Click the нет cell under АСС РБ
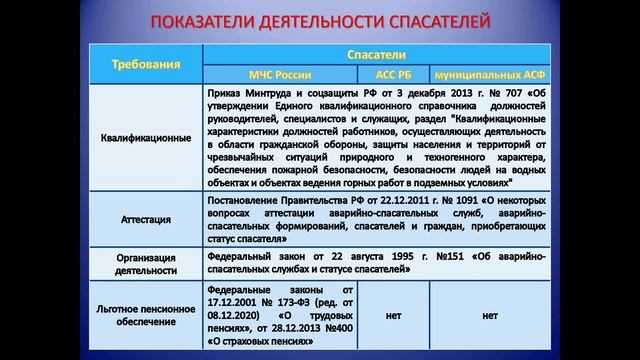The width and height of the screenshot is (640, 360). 393,315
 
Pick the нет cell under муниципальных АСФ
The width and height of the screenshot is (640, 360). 489,315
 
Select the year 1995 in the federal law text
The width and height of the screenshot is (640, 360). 374,256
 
